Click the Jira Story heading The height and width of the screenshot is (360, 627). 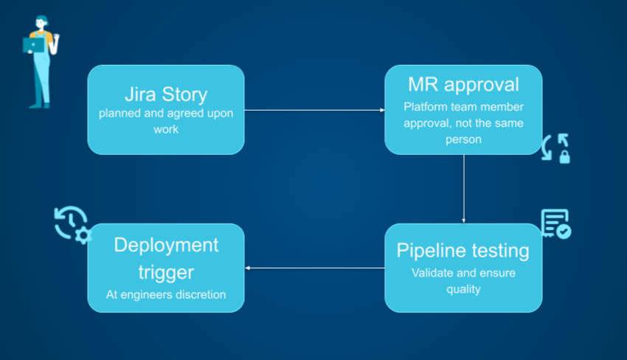165,94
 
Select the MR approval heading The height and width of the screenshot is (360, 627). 463,84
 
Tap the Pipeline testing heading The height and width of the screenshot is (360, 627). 463,251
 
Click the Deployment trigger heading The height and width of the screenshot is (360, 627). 165,258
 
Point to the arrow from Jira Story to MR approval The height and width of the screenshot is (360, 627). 314,110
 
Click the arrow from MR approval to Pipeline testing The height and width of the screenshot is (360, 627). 463,188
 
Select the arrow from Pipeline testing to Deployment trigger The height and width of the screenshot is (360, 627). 314,268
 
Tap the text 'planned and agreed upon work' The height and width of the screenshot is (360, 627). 165,122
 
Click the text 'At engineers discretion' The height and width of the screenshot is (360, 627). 165,294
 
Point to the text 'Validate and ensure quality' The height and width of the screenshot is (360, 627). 463,281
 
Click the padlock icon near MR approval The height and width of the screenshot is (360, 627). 564,156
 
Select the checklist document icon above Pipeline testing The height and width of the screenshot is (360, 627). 555,224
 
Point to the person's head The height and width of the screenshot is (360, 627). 41,21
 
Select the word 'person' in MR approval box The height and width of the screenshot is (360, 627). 463,139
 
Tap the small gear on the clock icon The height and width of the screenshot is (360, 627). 83,236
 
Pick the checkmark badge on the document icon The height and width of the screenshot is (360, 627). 564,232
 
